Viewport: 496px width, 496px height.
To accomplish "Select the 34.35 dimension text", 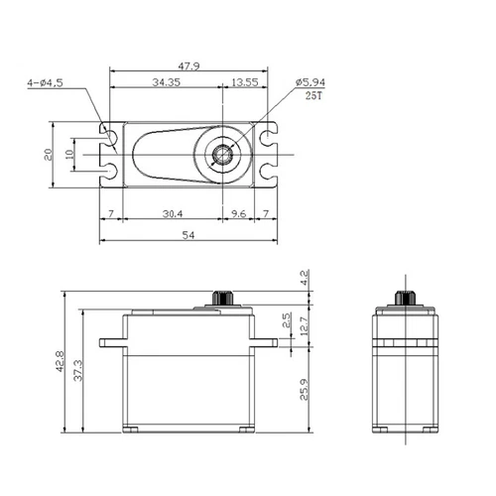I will [166, 82].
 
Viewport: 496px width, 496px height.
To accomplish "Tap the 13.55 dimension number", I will [245, 82].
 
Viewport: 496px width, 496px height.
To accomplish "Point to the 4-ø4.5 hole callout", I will [46, 84].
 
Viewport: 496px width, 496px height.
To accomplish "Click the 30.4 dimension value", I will [171, 214].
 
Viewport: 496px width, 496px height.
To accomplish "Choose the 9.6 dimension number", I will [239, 214].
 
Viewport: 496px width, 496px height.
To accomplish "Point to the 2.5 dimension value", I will [287, 321].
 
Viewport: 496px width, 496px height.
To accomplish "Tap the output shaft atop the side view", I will [404, 298].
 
